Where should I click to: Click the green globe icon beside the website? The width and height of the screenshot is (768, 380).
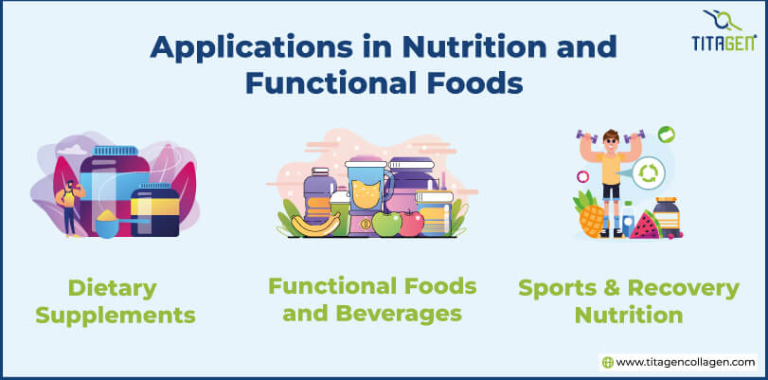608,362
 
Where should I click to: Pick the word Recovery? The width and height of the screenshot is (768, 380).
668,287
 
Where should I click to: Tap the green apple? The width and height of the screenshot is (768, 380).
385,224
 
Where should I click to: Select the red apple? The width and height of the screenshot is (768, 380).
411,223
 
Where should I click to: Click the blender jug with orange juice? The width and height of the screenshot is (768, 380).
367,190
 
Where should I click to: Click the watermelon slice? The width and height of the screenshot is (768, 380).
643,226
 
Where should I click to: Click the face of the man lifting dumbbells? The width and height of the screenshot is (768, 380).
608,143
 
